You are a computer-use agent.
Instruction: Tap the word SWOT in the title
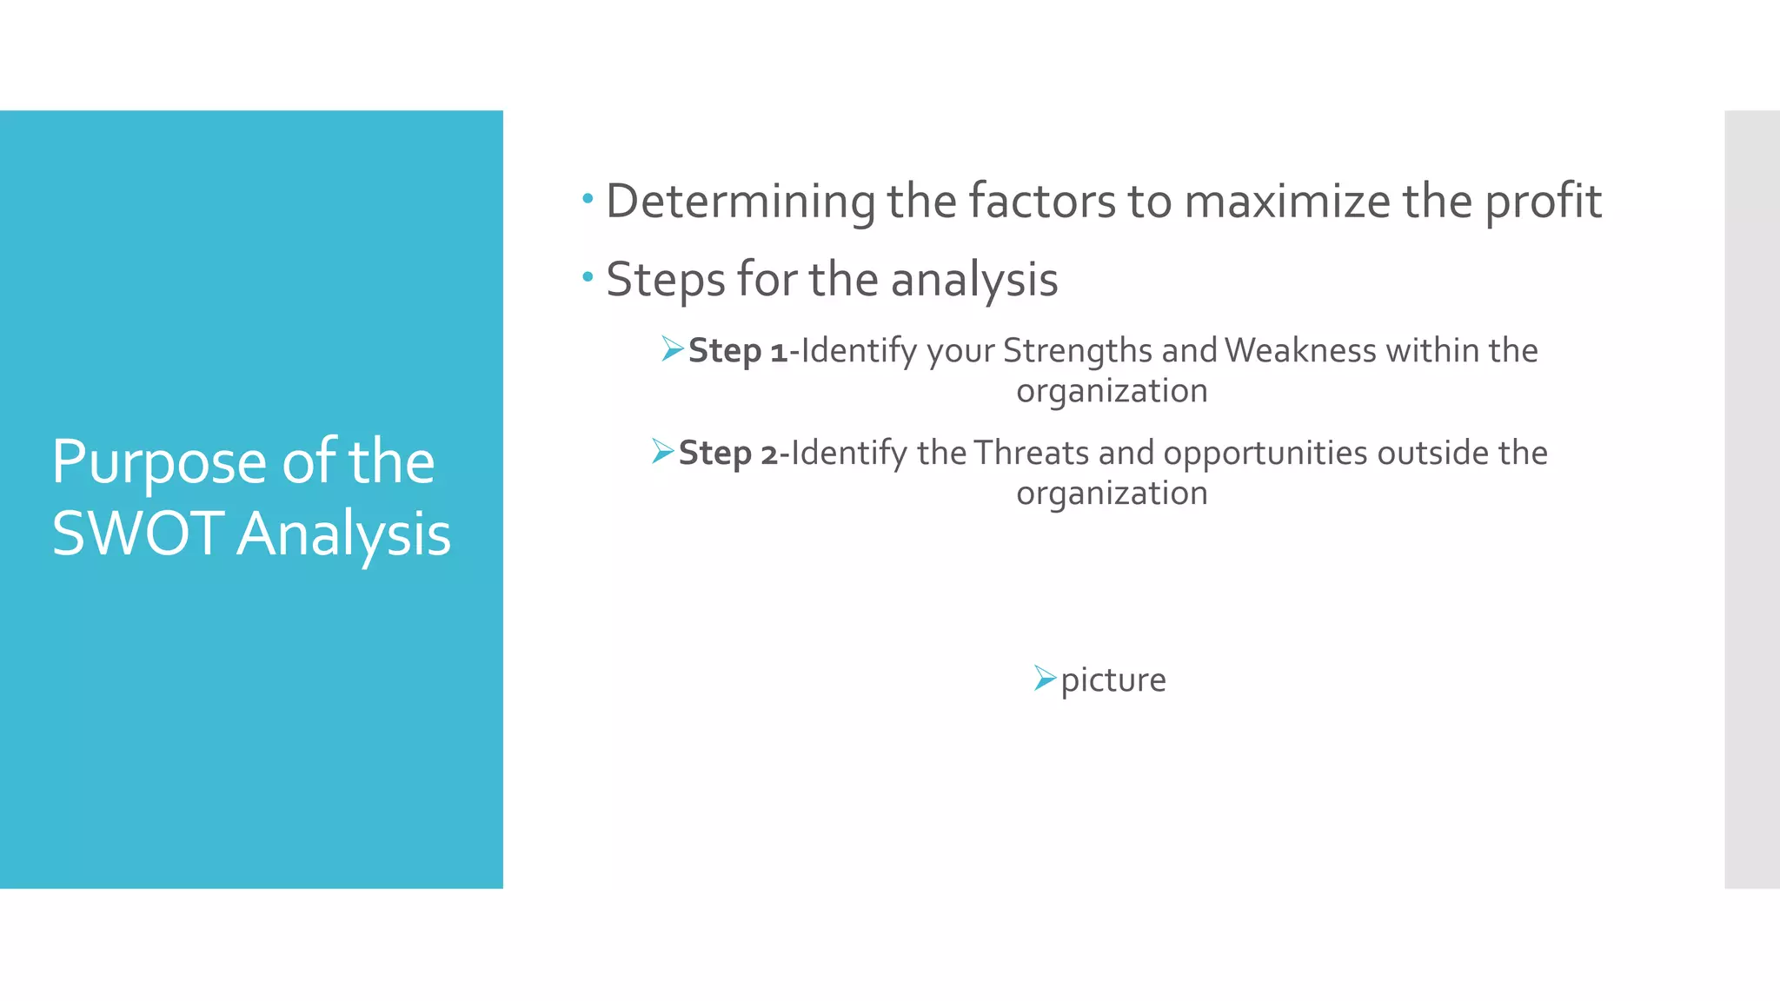coord(138,534)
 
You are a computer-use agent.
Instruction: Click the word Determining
coord(740,202)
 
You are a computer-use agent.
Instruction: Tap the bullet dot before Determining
coord(588,199)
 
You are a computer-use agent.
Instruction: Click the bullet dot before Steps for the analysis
coord(588,277)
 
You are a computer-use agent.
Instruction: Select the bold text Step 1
coord(737,351)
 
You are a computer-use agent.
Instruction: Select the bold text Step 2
coord(727,454)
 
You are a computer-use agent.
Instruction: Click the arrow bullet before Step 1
coord(672,349)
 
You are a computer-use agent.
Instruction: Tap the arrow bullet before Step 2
coord(662,452)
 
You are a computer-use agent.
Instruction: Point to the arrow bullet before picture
coord(1044,678)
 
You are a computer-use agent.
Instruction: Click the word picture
coord(1112,680)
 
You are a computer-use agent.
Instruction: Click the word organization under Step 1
coord(1112,392)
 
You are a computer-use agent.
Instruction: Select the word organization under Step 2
coord(1112,494)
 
